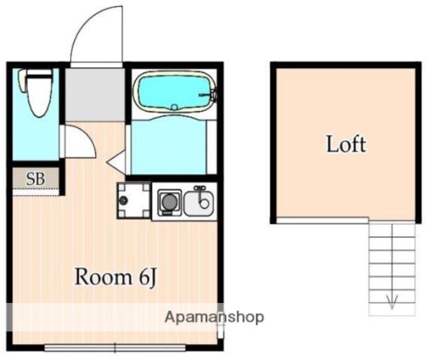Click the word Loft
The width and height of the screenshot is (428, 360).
(x=346, y=144)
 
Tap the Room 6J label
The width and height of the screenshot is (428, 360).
(x=116, y=277)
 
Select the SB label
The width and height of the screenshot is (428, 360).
(x=35, y=179)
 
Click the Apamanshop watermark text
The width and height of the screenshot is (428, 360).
(x=214, y=317)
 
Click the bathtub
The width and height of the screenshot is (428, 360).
(x=175, y=91)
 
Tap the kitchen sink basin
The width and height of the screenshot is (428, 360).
(x=199, y=202)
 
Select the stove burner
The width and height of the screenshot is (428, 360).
(x=169, y=202)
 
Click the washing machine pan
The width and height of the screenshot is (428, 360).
(x=134, y=200)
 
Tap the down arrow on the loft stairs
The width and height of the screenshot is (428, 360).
(x=392, y=302)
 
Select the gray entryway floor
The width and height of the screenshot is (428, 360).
(x=95, y=94)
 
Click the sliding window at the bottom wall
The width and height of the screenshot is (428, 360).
(x=115, y=348)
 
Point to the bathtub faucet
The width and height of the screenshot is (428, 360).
(x=208, y=94)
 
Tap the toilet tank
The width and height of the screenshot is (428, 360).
(x=23, y=79)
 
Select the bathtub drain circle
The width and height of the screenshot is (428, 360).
(x=175, y=107)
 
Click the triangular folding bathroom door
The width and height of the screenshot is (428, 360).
(x=116, y=162)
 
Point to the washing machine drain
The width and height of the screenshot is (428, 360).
(x=124, y=200)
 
